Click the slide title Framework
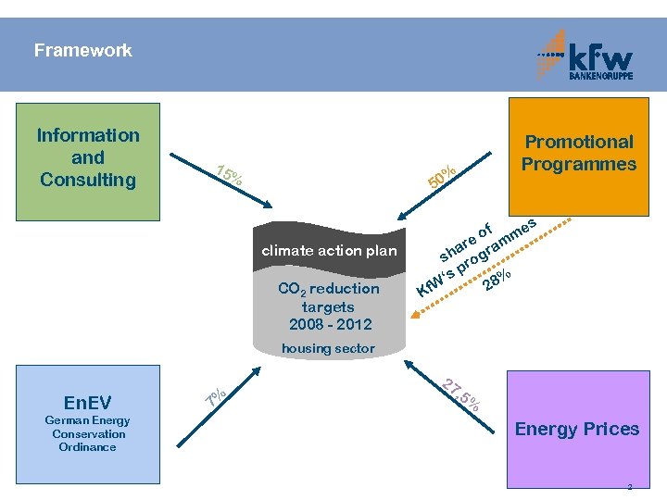83,51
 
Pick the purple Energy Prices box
576,428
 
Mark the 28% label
497,279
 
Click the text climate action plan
329,250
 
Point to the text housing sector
328,348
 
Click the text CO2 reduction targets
328,297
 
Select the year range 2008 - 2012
329,324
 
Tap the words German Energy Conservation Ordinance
87,434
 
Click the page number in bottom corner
629,486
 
